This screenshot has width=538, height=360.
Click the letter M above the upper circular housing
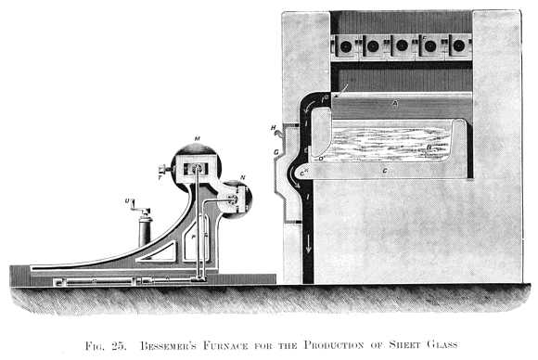[x=197, y=138]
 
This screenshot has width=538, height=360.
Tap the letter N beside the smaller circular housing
[x=242, y=177]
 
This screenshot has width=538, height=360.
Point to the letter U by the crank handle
[x=126, y=200]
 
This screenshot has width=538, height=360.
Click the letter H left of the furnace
[x=274, y=128]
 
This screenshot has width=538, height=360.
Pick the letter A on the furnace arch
[x=393, y=107]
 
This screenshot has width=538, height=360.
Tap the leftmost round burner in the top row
[x=345, y=45]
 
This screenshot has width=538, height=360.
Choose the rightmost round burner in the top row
[x=458, y=45]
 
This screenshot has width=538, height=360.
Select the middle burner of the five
[x=402, y=45]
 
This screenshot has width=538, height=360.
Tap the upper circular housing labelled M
[x=196, y=168]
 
